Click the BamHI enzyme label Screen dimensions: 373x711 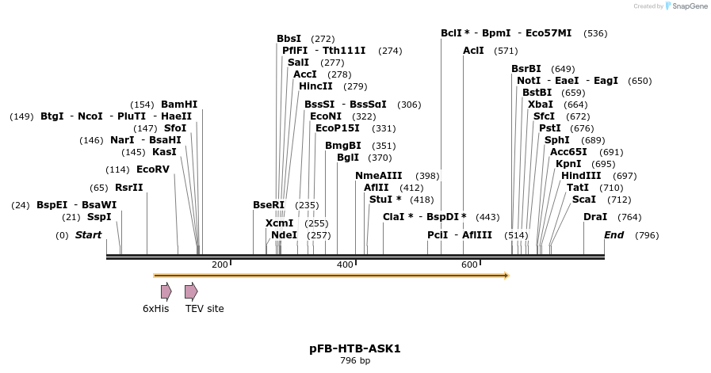(x=179, y=105)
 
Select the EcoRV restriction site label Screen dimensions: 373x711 (x=153, y=169)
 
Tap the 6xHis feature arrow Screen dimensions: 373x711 (x=166, y=291)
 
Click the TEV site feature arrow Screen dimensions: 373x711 (x=190, y=291)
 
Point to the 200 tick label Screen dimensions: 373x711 (x=220, y=264)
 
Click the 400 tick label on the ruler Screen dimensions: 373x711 (x=345, y=264)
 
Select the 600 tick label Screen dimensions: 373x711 (x=469, y=264)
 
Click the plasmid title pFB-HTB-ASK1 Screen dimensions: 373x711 (x=355, y=348)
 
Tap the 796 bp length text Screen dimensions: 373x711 (x=355, y=361)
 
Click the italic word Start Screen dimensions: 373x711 (x=89, y=235)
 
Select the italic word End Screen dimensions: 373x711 (x=614, y=235)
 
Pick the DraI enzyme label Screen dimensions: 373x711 (x=595, y=217)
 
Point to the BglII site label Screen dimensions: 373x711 (x=348, y=158)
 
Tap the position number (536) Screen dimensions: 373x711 (x=594, y=33)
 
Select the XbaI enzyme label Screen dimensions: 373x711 (x=541, y=105)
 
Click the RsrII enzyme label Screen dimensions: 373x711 (x=129, y=188)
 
